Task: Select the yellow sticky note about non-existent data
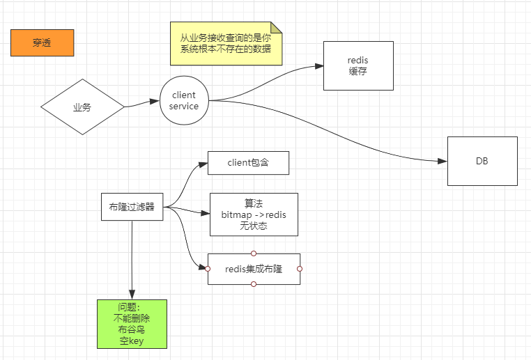click(226, 43)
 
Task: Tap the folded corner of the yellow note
click(276, 27)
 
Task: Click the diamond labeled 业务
click(82, 107)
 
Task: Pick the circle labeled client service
click(184, 101)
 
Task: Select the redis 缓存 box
click(358, 65)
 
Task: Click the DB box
click(482, 161)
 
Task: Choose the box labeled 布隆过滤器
click(132, 207)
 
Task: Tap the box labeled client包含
click(248, 163)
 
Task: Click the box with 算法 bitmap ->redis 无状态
click(254, 214)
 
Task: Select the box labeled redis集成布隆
click(254, 269)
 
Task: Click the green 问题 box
click(132, 324)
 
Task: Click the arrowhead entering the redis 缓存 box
click(318, 67)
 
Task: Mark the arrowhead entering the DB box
click(442, 161)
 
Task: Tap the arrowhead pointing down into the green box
click(132, 295)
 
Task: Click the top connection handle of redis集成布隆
click(254, 253)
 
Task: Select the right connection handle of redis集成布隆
click(300, 269)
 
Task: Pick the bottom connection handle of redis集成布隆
click(254, 284)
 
